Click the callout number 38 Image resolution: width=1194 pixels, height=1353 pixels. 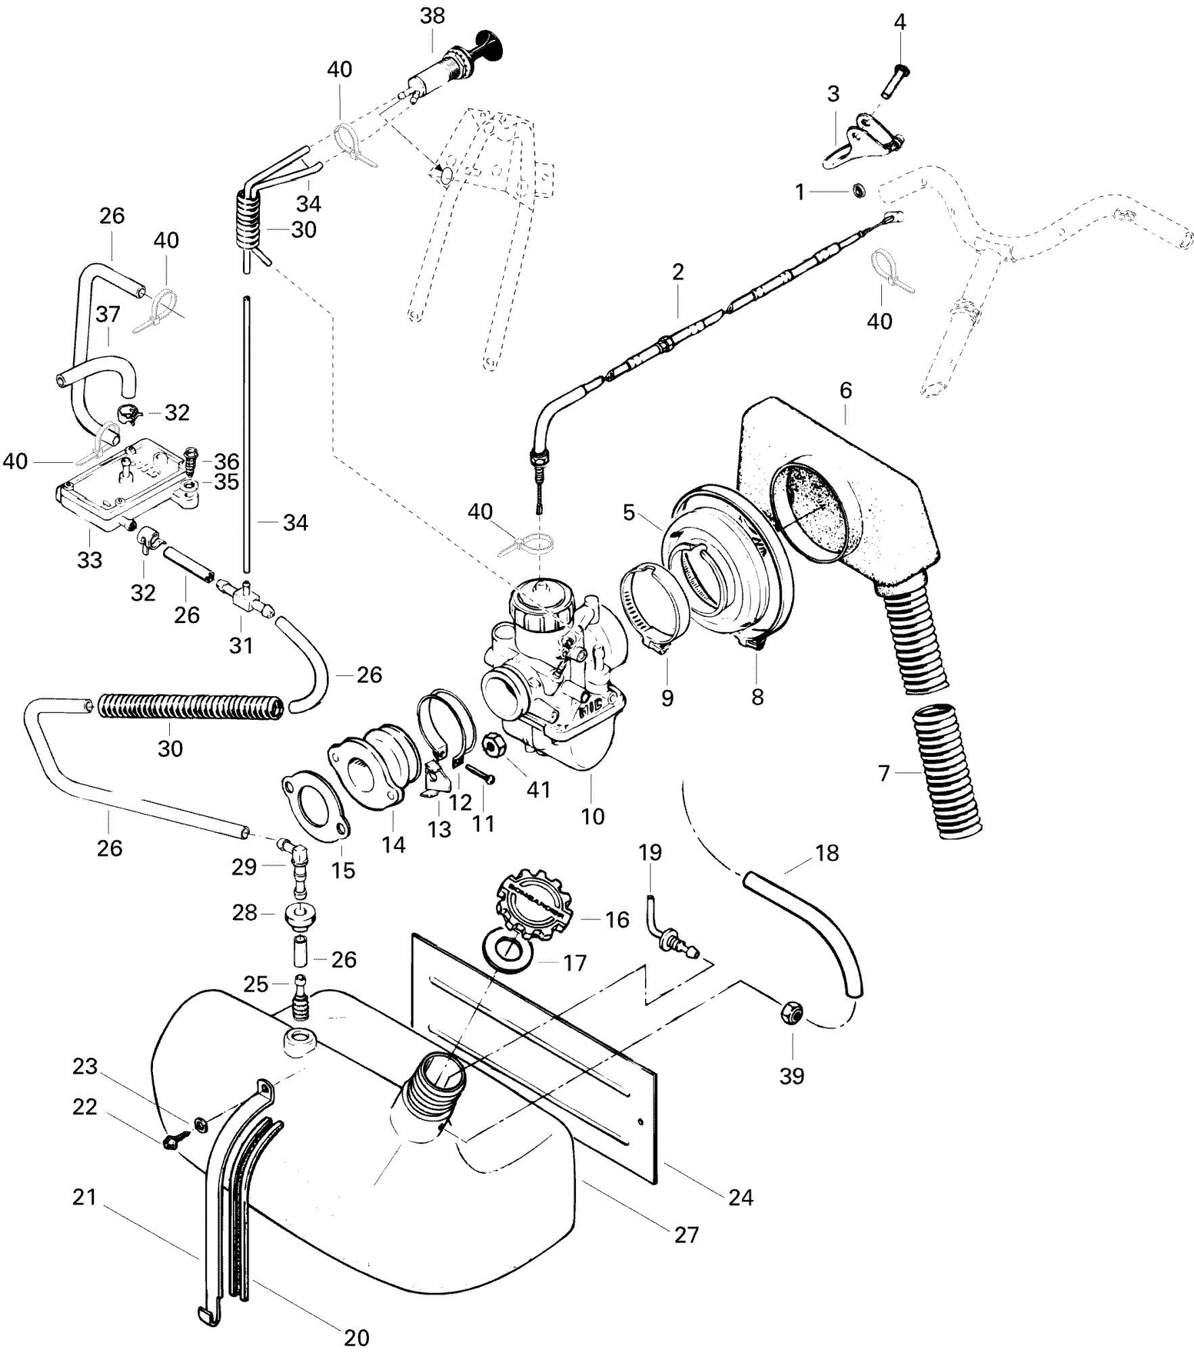tap(433, 16)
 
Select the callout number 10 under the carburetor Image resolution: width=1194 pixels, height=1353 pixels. tap(593, 817)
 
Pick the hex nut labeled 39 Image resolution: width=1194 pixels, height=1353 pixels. tap(789, 1013)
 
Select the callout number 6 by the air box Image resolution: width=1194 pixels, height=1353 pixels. tap(845, 390)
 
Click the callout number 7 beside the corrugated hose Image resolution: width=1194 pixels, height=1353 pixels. tap(884, 772)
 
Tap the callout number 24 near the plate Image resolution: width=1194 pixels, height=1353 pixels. tap(741, 1197)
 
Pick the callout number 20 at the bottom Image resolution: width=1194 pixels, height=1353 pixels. tap(357, 1337)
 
